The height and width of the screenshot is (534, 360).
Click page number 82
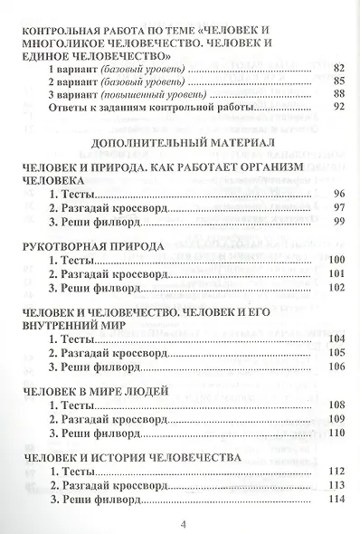tap(339, 69)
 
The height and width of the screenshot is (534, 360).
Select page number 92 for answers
tap(339, 108)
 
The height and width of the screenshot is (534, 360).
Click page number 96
tap(339, 195)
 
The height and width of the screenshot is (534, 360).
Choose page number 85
tap(339, 81)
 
